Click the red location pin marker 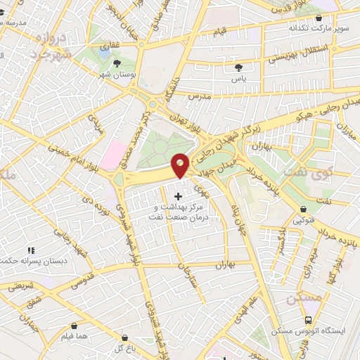[x=180, y=165]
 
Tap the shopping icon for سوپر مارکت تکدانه [x=319, y=18]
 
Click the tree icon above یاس [x=238, y=68]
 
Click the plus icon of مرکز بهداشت [x=176, y=196]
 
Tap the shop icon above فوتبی [x=303, y=209]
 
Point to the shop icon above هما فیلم [x=75, y=327]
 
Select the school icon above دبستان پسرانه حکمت [x=30, y=250]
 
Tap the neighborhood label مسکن [x=304, y=299]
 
